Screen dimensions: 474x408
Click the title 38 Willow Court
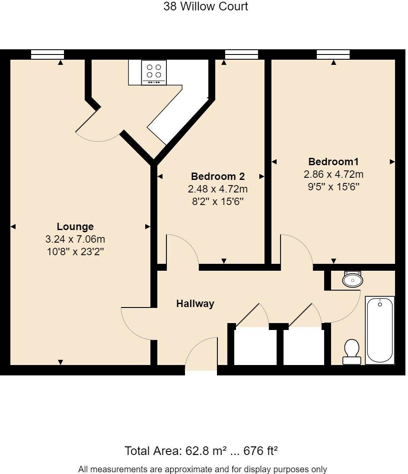tap(206, 6)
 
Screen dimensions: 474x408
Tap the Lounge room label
tap(75, 227)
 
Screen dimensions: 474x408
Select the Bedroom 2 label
tap(218, 176)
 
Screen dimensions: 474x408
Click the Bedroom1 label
tap(333, 162)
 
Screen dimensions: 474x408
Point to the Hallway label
tap(195, 304)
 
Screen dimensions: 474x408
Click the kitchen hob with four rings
tap(154, 72)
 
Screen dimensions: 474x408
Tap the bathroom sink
tap(353, 280)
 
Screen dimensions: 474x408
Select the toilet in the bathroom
tap(352, 351)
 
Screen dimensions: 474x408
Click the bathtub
tap(380, 330)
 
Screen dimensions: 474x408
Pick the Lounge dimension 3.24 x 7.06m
tap(75, 239)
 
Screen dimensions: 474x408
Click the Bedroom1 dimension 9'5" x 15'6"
tap(333, 187)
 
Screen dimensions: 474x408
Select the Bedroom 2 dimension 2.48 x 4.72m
tap(218, 189)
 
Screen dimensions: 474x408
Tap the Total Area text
tap(201, 451)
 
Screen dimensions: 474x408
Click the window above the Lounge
tap(48, 54)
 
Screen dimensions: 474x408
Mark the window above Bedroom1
tap(333, 54)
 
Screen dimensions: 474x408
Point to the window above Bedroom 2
tap(242, 54)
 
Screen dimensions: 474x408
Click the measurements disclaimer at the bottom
tap(203, 469)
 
